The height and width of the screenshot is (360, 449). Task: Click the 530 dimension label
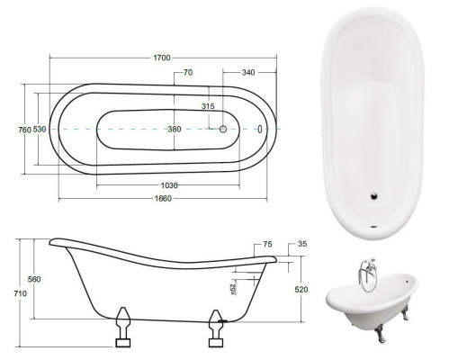pos(39,130)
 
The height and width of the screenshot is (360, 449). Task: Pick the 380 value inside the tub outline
pos(174,129)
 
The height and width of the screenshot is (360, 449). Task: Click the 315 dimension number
pos(207,106)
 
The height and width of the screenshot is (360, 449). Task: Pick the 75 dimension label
pos(267,244)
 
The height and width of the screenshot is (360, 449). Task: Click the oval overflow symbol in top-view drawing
pos(260,129)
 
